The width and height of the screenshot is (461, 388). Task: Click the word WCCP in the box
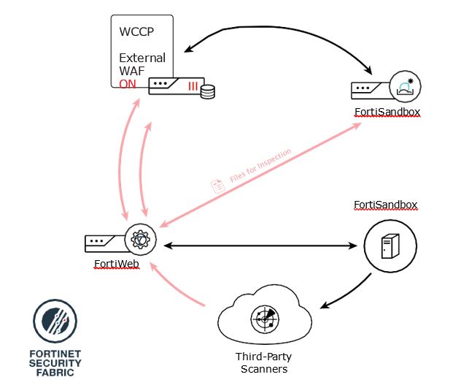coord(136,31)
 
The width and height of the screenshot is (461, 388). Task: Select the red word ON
coord(128,84)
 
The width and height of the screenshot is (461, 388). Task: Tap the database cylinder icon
coord(208,91)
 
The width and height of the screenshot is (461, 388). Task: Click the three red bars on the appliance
coord(193,86)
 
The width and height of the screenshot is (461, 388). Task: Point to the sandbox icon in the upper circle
coord(406,87)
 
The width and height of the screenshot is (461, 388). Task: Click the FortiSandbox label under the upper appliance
coord(387,112)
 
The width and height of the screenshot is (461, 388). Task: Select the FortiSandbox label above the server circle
coord(385,205)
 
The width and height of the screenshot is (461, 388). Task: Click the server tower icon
coord(390,246)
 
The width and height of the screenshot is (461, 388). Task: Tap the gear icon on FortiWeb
coord(140,239)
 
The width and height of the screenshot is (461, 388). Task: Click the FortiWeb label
coord(117,264)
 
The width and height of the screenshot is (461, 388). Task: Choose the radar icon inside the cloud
coord(265,319)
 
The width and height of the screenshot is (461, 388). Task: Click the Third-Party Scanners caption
coord(264,362)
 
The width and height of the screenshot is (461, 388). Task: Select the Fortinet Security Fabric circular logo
coord(55,321)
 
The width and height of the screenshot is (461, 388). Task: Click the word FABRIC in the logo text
coord(55,373)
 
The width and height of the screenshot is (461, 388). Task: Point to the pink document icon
coord(218,186)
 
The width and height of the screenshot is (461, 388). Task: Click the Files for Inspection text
coord(260,165)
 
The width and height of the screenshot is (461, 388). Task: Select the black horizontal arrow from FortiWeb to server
coord(260,246)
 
